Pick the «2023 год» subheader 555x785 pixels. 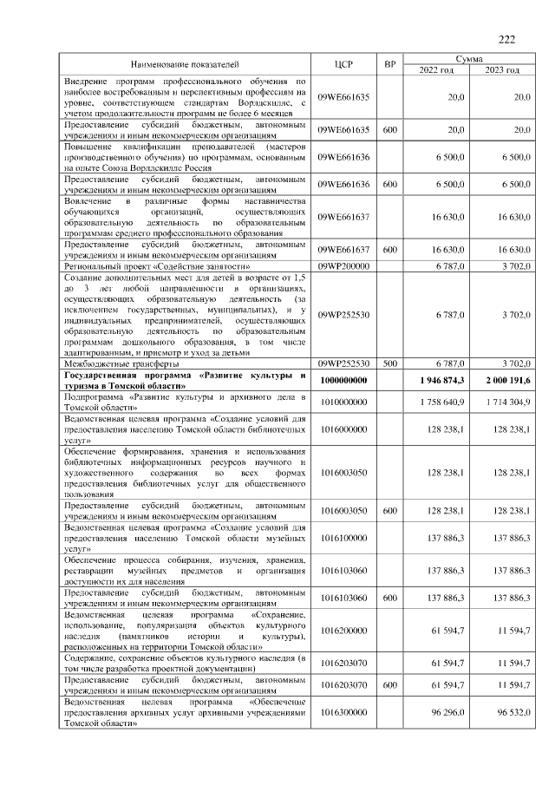tap(502, 70)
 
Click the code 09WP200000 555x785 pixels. tap(343, 267)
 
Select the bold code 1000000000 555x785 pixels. tap(343, 380)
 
